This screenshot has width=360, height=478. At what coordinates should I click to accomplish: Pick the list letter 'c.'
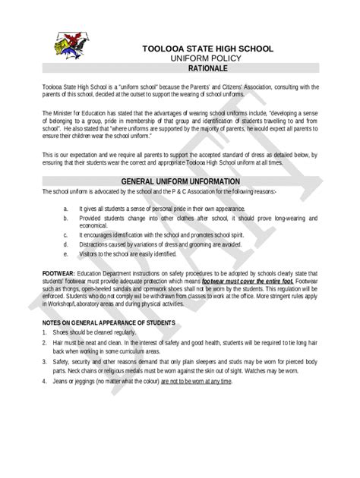pyautogui.click(x=67, y=235)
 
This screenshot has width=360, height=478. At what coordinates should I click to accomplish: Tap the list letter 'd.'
pyautogui.click(x=67, y=244)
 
